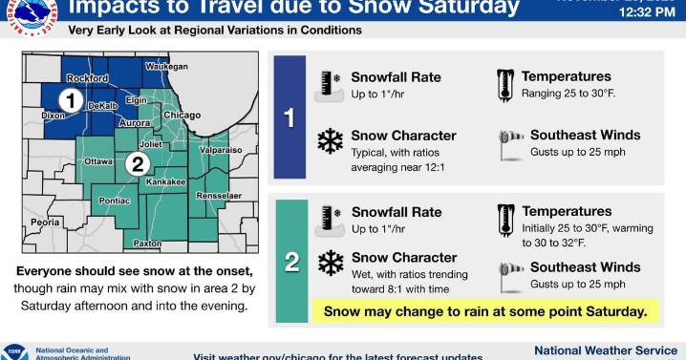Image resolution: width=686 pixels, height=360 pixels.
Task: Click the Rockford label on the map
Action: pyautogui.click(x=88, y=78)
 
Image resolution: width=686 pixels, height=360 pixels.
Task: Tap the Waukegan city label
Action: pyautogui.click(x=166, y=66)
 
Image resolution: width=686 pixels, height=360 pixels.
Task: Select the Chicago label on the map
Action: pyautogui.click(x=181, y=116)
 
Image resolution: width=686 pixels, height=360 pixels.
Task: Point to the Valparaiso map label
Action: pyautogui.click(x=221, y=150)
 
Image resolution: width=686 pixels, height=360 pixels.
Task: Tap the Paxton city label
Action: pyautogui.click(x=147, y=244)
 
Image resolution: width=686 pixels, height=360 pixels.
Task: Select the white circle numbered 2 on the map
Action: pyautogui.click(x=137, y=163)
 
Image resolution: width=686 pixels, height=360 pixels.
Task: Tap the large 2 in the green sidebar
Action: pyautogui.click(x=292, y=261)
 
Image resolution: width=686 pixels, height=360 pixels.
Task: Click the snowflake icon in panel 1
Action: pyautogui.click(x=330, y=141)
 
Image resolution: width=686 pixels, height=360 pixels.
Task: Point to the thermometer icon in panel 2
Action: pyautogui.click(x=504, y=220)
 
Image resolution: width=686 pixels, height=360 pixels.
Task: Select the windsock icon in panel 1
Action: pyautogui.click(x=510, y=141)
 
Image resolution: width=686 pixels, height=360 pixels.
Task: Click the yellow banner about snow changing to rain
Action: pyautogui.click(x=485, y=310)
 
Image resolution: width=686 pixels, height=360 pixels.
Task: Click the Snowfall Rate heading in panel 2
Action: pyautogui.click(x=396, y=212)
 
